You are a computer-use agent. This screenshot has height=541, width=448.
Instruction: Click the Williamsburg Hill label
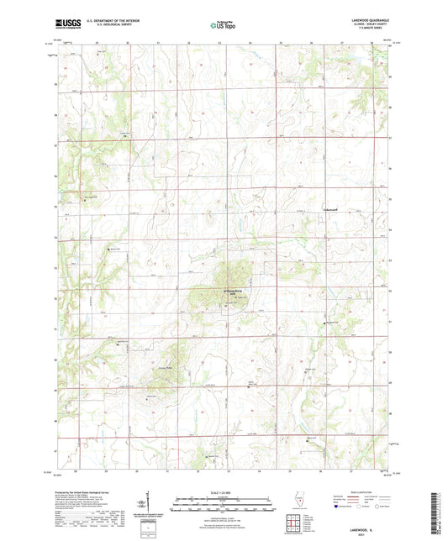220,291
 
